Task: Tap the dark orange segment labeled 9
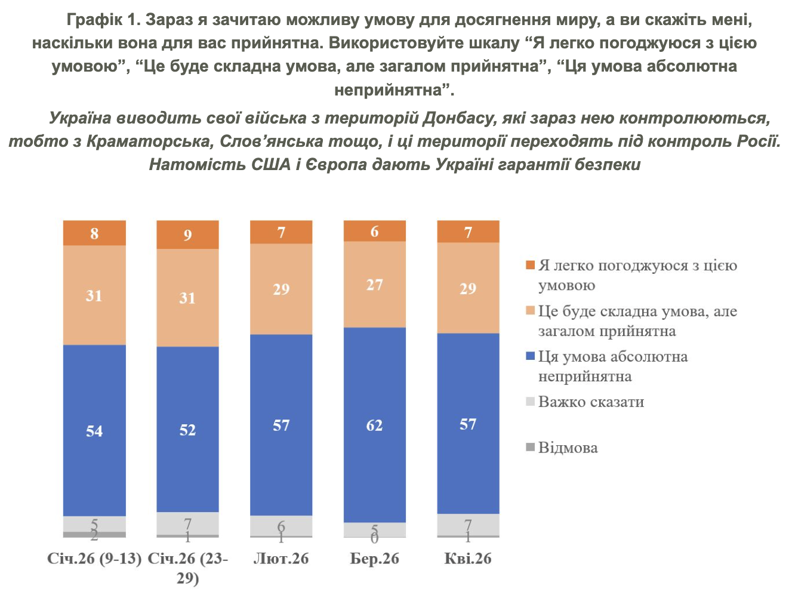187,234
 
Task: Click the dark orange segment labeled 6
374,230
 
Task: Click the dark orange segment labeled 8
94,233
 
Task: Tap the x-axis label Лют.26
281,559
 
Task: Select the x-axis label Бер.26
374,559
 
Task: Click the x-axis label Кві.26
468,559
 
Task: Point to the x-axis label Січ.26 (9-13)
94,559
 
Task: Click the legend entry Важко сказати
591,402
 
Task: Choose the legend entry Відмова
568,448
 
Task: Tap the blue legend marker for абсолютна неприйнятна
530,356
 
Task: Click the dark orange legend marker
530,265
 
